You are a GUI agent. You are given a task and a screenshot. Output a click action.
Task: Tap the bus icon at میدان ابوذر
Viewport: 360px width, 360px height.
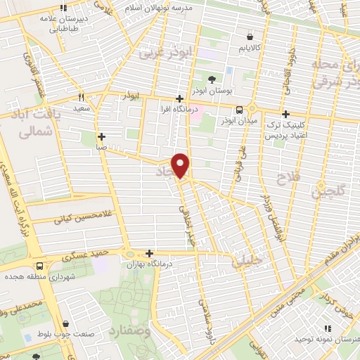point(240,110)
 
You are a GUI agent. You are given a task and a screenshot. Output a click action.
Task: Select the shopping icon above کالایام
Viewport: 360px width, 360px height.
point(250,37)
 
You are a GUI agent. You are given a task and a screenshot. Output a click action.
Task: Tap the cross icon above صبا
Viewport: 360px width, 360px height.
point(102,136)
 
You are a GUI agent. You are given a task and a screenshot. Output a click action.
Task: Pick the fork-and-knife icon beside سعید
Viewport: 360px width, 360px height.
point(81,97)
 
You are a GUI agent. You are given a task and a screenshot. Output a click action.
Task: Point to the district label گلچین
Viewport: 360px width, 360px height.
point(328,188)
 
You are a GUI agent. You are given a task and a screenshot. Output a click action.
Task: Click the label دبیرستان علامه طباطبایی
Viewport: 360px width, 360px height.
point(65,24)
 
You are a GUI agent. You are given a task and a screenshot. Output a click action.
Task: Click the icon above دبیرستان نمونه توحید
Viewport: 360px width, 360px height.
point(326,328)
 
